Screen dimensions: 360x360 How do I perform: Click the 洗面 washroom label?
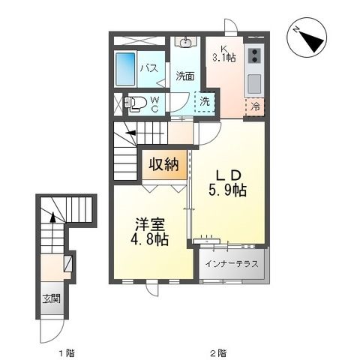pyautogui.click(x=186, y=75)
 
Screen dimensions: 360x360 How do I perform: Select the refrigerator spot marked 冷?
pyautogui.click(x=256, y=106)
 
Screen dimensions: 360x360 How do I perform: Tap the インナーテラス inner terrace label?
pyautogui.click(x=231, y=263)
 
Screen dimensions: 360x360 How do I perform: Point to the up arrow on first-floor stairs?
pyautogui.click(x=52, y=219)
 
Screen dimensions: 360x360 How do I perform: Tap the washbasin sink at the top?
pyautogui.click(x=186, y=43)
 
